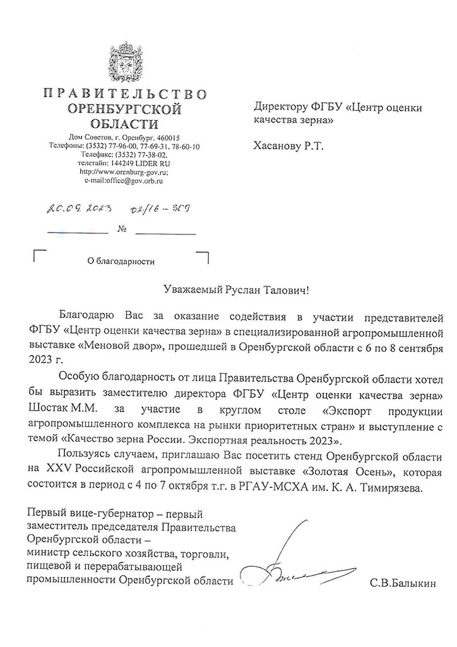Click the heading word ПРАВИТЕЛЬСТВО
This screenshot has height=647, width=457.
pos(124,95)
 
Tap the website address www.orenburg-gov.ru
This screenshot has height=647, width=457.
pos(124,171)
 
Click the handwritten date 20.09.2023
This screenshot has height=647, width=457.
pos(75,210)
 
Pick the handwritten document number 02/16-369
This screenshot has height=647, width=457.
pos(162,210)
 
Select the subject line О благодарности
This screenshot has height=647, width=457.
pos(121,260)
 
